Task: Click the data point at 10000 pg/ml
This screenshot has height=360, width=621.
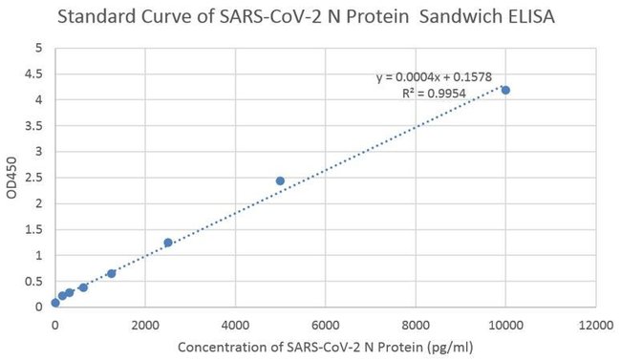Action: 505,90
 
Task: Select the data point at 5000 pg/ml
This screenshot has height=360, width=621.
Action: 280,180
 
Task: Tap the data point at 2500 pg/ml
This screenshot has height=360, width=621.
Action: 168,243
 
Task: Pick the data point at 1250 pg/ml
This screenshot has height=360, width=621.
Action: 112,273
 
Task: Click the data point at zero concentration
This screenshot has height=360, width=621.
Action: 55,303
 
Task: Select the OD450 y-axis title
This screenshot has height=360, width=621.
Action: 11,177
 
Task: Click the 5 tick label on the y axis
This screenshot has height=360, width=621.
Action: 37,48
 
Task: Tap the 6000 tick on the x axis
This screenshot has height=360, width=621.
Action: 326,325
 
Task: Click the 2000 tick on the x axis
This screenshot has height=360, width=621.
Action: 145,325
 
